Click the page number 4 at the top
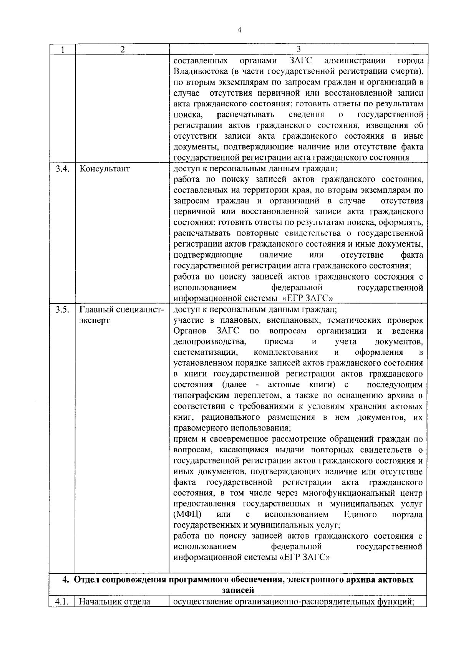point(239,30)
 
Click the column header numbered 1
point(62,50)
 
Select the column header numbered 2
point(122,50)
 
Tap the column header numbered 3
point(298,49)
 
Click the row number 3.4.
point(62,169)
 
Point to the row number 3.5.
point(62,310)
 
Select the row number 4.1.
point(62,602)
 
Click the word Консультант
point(104,169)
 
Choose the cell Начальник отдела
point(114,602)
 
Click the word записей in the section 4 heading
point(238,590)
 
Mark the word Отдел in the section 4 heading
point(86,580)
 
